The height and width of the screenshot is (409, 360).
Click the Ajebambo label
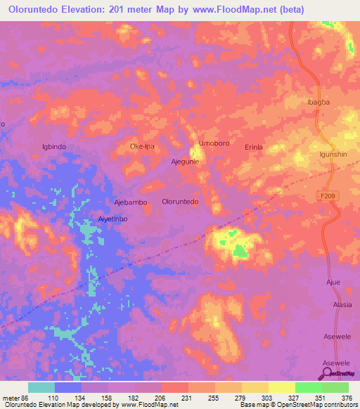pyautogui.click(x=131, y=202)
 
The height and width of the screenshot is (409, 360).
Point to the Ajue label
pyautogui.click(x=333, y=282)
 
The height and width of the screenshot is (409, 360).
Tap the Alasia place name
pyautogui.click(x=342, y=305)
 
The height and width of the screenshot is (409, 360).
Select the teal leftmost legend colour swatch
pyautogui.click(x=41, y=387)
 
